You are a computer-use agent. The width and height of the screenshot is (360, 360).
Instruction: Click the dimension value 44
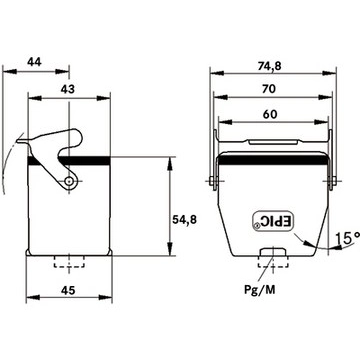pyautogui.click(x=34, y=62)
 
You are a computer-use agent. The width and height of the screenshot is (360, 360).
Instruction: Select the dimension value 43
pyautogui.click(x=68, y=89)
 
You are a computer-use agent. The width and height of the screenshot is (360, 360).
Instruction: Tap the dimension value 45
pyautogui.click(x=68, y=290)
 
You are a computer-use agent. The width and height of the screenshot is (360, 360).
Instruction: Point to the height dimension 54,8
pyautogui.click(x=184, y=219)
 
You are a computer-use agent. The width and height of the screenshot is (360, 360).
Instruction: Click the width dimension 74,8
pyautogui.click(x=269, y=66)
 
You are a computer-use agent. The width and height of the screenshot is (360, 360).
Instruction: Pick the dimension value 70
pyautogui.click(x=268, y=89)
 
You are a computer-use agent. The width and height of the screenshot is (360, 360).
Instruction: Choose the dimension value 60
pyautogui.click(x=270, y=114)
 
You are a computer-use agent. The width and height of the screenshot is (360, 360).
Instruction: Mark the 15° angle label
pyautogui.click(x=347, y=238)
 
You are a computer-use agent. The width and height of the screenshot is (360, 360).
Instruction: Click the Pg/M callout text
pyautogui.click(x=260, y=290)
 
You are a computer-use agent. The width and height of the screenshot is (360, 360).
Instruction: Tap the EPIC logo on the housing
pyautogui.click(x=273, y=221)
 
